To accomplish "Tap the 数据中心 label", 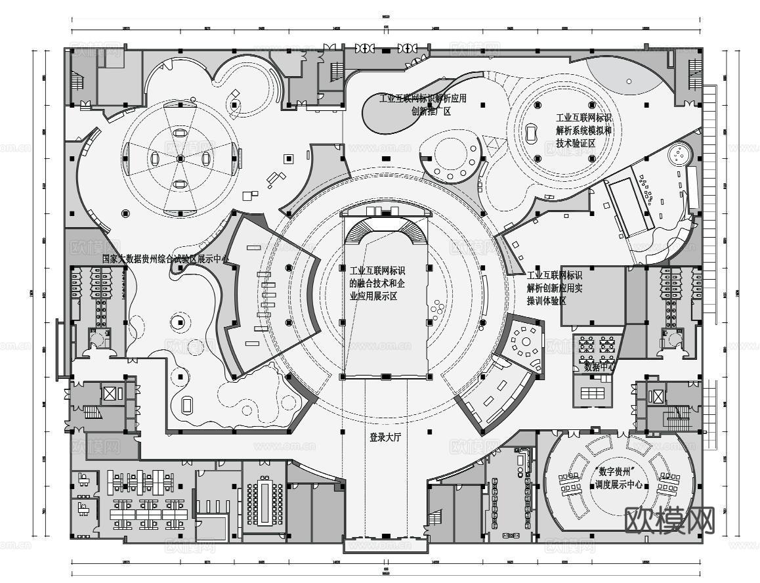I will point(599,367).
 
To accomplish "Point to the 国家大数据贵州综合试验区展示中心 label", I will point(165,259).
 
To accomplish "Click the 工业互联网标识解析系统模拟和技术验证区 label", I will point(583,131).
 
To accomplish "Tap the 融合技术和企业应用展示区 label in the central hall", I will point(377,284).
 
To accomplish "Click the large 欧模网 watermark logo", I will point(669,521).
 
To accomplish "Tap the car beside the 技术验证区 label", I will point(530,133).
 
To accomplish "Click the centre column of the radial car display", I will point(180,159).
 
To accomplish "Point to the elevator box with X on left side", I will point(109,394).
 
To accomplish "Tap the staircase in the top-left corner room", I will point(76,82).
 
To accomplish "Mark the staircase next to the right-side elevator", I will point(675,418).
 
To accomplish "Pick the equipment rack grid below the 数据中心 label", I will point(592,393).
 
